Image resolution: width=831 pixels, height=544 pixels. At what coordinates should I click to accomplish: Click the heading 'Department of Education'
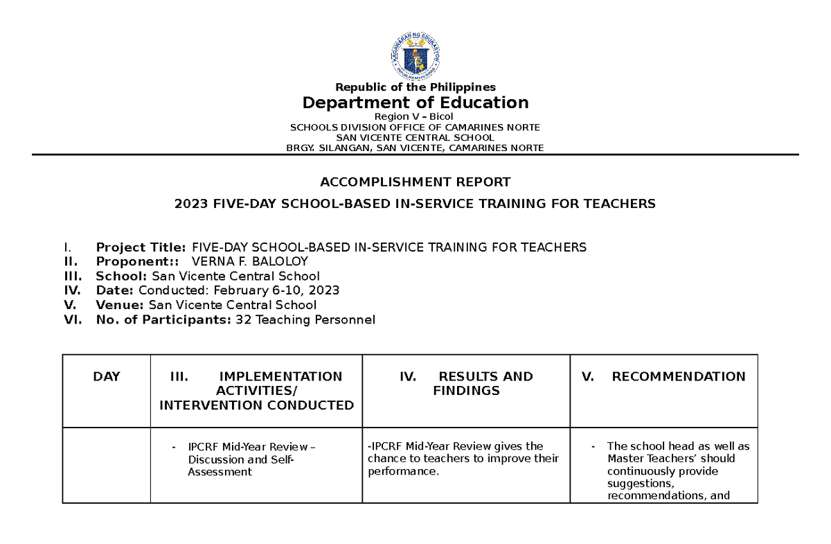coord(415,103)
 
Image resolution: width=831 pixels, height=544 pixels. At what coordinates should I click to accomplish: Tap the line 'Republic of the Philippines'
coord(415,87)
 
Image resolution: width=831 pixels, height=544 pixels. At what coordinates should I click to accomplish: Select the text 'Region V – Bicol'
coord(415,116)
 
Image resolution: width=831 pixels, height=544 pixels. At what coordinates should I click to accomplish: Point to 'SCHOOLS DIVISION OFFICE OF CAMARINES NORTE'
coord(415,127)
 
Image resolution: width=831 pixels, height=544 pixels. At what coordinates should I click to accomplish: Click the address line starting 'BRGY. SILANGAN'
coord(415,148)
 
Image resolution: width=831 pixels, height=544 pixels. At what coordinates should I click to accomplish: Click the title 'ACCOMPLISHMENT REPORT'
coord(415,182)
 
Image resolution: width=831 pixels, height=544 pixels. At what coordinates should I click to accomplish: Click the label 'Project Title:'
coord(141,247)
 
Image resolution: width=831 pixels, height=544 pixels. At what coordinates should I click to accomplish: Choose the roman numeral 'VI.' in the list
coord(72,319)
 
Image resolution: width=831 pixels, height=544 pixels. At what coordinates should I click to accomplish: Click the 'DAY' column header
coord(107,377)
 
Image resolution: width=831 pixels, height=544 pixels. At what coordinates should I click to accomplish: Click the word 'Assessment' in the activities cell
coord(220,472)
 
